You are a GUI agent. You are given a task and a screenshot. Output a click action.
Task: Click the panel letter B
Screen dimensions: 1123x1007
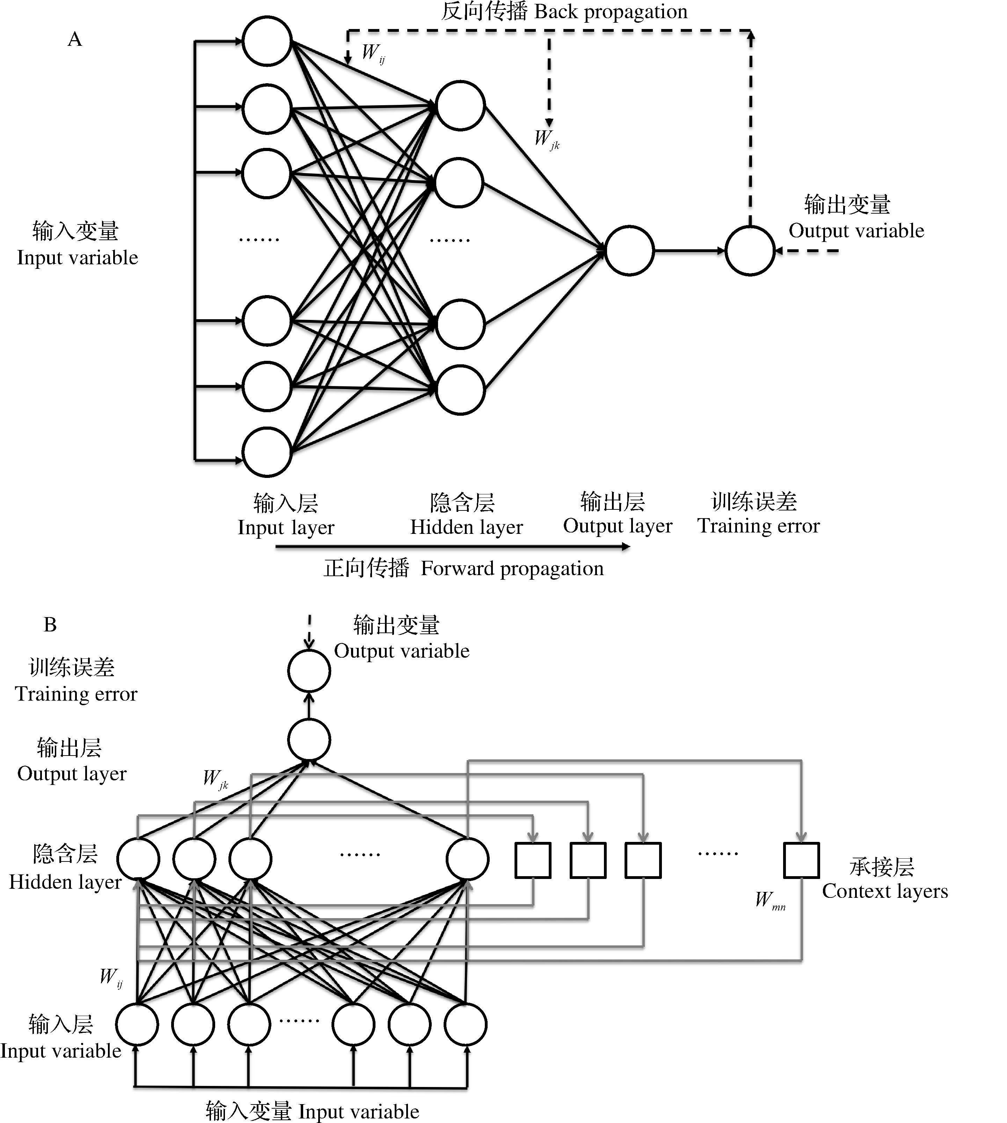50,625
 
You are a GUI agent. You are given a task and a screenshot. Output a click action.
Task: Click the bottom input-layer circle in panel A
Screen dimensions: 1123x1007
267,452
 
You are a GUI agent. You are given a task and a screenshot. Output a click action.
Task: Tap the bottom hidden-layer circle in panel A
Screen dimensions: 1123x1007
460,390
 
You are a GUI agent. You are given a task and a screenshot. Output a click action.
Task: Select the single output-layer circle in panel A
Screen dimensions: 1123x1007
630,250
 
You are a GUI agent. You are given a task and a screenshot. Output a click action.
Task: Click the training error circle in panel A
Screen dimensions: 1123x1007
750,250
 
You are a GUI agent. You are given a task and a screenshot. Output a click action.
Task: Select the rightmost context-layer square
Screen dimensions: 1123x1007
801,860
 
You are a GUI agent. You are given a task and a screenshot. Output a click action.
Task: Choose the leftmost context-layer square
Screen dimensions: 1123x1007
533,860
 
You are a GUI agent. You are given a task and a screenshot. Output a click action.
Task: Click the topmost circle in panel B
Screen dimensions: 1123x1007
309,671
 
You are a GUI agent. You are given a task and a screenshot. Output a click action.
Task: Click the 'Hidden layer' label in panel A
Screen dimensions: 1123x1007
466,527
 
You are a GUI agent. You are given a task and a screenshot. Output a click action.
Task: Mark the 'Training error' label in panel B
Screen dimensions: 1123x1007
76,694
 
